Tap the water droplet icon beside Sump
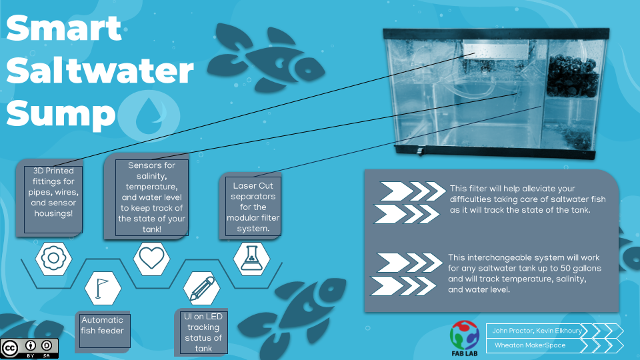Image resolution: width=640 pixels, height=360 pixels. coord(149,116)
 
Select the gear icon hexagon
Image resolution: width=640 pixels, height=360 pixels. coord(53,259)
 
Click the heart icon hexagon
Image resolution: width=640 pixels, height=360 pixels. coord(151,259)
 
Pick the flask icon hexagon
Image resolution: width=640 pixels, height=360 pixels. coord(251,259)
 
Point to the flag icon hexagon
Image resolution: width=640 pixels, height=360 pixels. coord(103,288)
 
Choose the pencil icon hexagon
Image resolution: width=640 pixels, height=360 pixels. coord(201,288)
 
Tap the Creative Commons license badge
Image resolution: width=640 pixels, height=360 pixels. coord(29,348)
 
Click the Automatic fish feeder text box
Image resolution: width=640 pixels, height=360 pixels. coord(103,331)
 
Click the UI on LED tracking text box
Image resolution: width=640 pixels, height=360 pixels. coord(203,332)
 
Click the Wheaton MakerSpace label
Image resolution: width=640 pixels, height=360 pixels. coord(530,345)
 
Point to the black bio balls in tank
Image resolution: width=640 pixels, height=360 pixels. coord(572,76)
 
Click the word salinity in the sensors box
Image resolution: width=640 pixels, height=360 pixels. coord(151,176)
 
